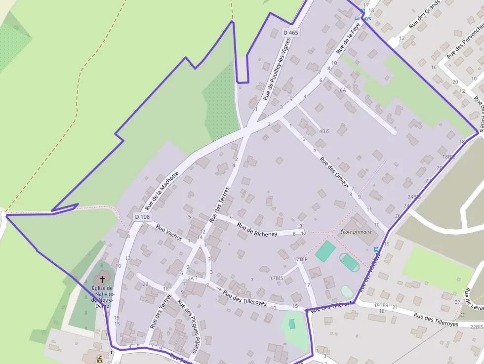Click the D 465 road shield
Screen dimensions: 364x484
coord(291,33)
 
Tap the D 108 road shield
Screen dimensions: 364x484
coord(142,216)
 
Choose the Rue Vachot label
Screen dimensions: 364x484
coord(168,232)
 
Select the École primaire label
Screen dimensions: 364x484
coord(356,231)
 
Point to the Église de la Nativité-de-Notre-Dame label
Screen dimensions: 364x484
coord(103,295)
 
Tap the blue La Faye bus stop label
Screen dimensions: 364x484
coord(363,18)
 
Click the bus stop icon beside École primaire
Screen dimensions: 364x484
coord(376,249)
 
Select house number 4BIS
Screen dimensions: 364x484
coord(324,131)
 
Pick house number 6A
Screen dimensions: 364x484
coord(343,90)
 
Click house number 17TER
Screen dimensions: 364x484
coord(300,259)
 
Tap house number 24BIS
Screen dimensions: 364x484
coord(414,197)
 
